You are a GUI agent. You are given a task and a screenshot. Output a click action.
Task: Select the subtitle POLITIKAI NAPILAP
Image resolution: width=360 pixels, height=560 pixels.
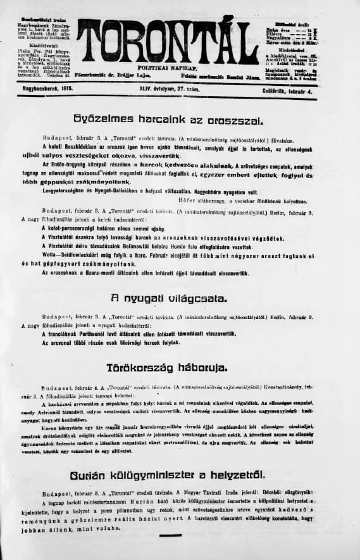pos(164,66)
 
